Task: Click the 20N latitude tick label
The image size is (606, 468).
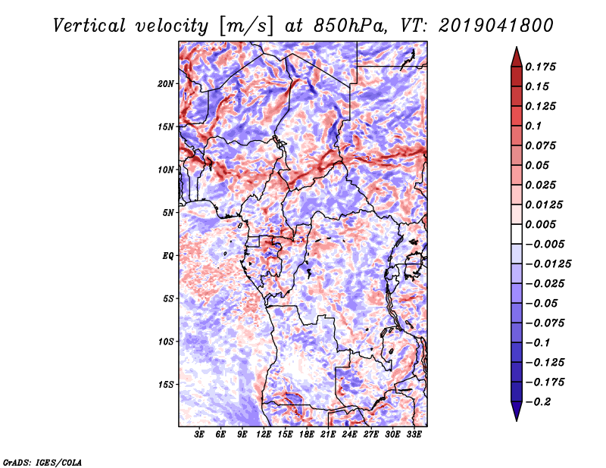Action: click(x=166, y=83)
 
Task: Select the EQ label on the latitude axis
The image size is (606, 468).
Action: click(x=169, y=256)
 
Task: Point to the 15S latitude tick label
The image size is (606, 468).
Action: click(x=166, y=385)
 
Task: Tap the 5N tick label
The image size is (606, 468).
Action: click(x=168, y=213)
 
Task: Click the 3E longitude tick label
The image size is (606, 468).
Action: click(x=200, y=435)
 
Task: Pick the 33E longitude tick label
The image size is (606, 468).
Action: click(x=414, y=435)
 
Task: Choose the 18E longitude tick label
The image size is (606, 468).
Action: click(x=307, y=435)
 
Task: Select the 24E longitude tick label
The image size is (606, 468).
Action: click(x=349, y=435)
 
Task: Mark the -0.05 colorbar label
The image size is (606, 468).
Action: click(x=542, y=303)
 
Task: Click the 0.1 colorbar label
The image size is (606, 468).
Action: click(x=533, y=126)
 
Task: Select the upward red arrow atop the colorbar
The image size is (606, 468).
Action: click(x=515, y=55)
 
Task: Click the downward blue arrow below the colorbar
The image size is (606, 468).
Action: click(x=515, y=412)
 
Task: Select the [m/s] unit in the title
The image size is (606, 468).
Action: click(x=245, y=26)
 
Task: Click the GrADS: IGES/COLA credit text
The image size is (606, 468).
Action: click(x=42, y=461)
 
